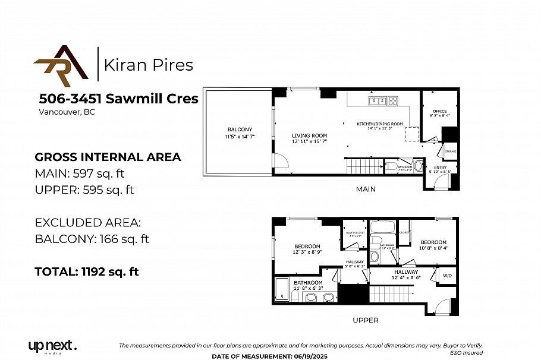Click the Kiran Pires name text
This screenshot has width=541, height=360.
coord(149,65)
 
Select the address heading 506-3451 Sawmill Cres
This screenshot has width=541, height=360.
coord(119,99)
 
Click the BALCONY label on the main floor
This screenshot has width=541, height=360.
coord(240,130)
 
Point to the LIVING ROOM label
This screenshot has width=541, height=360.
coord(309,135)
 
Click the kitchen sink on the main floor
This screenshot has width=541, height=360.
coord(376,100)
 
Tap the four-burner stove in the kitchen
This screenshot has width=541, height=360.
coord(393,100)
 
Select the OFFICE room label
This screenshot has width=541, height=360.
coord(439,111)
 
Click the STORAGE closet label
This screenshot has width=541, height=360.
coord(450,151)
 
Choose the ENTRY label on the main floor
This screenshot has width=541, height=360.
coord(440,168)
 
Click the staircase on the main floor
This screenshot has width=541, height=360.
coord(363,166)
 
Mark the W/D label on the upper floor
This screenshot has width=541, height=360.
coord(447,275)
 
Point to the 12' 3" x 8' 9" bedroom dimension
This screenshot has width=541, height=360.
coord(307,252)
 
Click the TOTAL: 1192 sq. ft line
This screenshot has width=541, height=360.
coord(87,271)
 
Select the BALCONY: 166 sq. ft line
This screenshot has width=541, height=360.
coord(92,239)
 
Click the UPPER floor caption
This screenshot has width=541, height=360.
coord(365,320)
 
